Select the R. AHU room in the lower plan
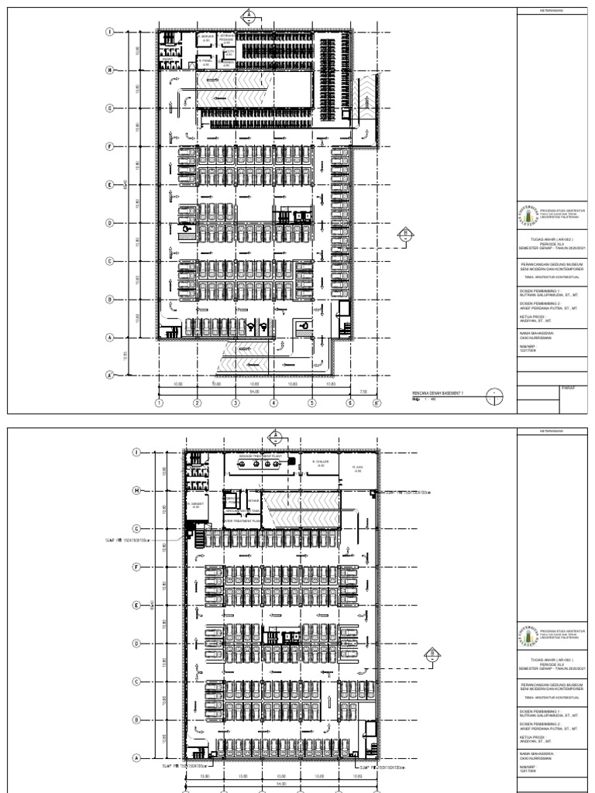(x=358, y=468)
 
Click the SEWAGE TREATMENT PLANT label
(x=260, y=457)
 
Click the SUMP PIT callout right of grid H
(x=411, y=492)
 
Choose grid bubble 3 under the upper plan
(x=235, y=403)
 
